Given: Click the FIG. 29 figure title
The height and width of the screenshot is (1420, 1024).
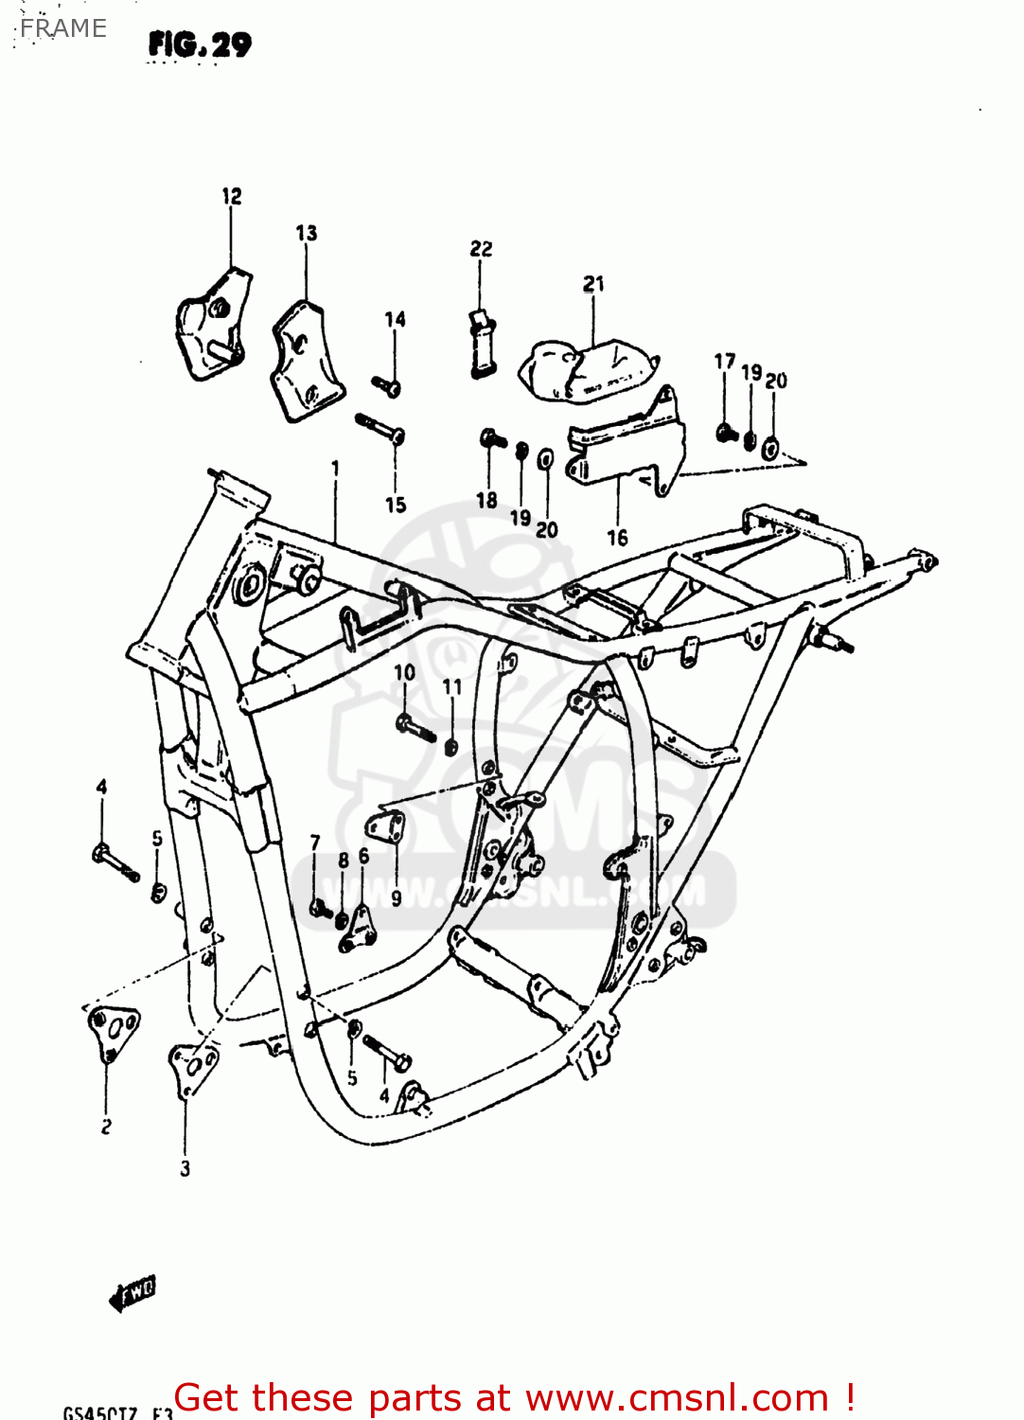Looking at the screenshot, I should click(x=200, y=44).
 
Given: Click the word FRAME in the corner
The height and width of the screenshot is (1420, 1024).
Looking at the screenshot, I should click(x=62, y=28).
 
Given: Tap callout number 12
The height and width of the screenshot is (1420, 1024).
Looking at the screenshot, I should click(x=232, y=196).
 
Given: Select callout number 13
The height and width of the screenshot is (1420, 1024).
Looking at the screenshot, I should click(x=306, y=233).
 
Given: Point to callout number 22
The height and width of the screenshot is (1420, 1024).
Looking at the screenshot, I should click(x=481, y=249).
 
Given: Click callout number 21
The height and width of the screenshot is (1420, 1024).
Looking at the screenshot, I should click(x=593, y=284).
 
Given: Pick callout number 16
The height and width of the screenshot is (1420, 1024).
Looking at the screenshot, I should click(x=617, y=538).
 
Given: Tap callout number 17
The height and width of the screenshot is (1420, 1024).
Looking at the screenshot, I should click(x=724, y=362).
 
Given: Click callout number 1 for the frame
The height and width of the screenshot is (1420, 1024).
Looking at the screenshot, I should click(x=335, y=468).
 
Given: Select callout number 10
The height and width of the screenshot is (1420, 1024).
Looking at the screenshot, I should click(x=404, y=672).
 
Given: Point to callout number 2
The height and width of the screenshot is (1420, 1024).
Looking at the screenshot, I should click(x=106, y=1127).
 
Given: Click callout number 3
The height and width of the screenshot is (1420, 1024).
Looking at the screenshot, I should click(x=185, y=1169).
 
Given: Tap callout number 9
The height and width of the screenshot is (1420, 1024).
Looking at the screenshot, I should click(x=396, y=897).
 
